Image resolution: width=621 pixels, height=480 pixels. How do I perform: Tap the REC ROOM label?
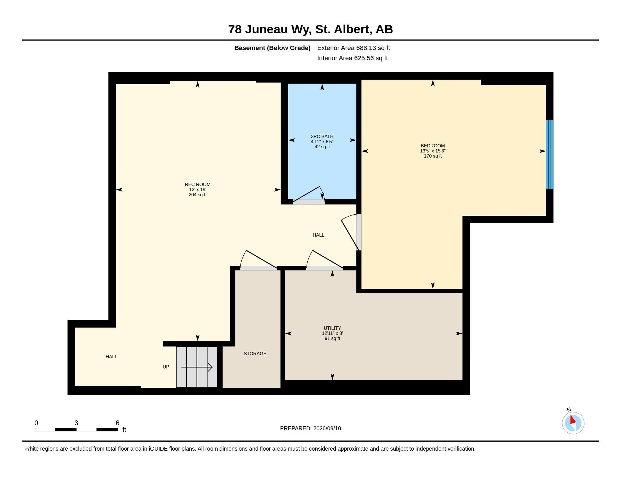pos(198,185)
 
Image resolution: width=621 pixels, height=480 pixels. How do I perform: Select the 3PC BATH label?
pos(322,136)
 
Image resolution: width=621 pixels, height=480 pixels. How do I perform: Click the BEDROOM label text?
pos(432,146)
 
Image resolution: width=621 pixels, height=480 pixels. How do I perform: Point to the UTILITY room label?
pos(332,328)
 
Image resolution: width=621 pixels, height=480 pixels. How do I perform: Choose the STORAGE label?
pos(255,354)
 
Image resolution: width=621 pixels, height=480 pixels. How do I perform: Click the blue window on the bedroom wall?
pos(549,154)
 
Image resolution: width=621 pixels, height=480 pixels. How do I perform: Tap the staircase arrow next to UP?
pos(197,367)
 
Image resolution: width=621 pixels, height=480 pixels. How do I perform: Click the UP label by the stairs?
pos(166,367)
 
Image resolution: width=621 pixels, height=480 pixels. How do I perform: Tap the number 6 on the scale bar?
pos(117,423)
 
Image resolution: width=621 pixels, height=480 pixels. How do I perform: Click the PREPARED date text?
pos(310,428)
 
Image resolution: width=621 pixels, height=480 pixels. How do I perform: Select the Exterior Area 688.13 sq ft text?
pos(353,48)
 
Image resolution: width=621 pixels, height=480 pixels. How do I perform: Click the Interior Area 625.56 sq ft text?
pos(352,58)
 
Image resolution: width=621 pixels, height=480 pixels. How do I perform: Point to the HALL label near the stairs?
pos(111,357)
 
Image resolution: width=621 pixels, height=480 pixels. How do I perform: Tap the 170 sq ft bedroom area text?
pos(432,156)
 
